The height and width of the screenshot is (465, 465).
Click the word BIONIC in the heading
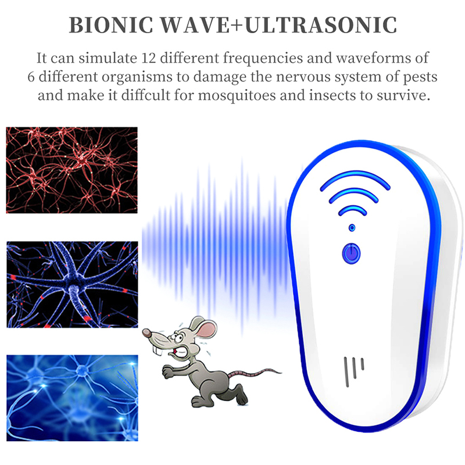click(x=110, y=25)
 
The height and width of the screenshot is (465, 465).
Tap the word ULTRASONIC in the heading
click(x=321, y=25)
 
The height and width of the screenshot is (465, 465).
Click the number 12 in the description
click(x=149, y=58)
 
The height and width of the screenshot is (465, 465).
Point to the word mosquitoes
click(x=237, y=96)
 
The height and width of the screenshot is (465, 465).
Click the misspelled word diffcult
click(x=146, y=95)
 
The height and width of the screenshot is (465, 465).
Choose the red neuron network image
click(x=71, y=170)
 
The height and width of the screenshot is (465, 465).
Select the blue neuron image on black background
click(x=72, y=284)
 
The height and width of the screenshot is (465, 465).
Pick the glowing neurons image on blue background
click(x=72, y=398)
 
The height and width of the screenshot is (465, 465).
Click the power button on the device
click(x=352, y=253)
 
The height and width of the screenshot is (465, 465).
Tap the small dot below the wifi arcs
click(x=352, y=228)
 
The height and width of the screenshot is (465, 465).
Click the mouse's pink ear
click(x=206, y=328)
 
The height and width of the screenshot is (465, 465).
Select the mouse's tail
click(x=255, y=373)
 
